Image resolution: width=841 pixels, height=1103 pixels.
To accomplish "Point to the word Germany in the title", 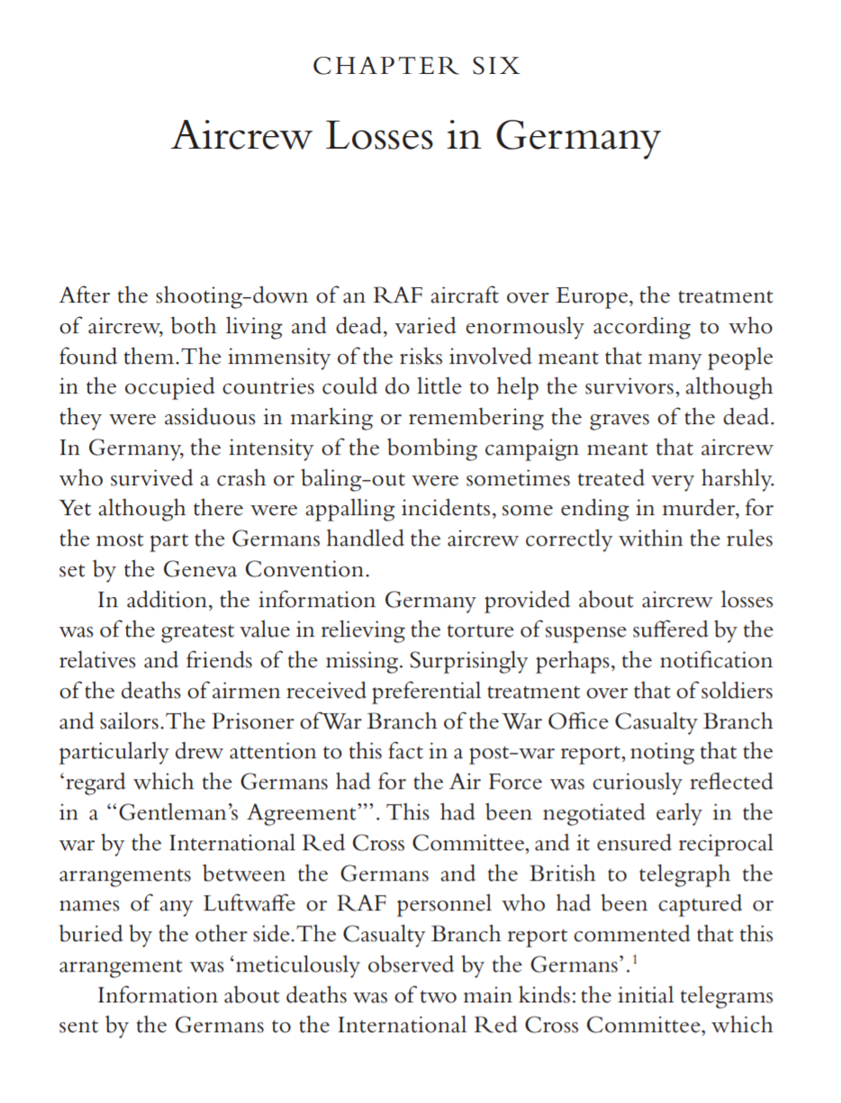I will pyautogui.click(x=577, y=136).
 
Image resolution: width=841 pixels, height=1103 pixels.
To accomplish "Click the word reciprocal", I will pyautogui.click(x=715, y=844).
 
